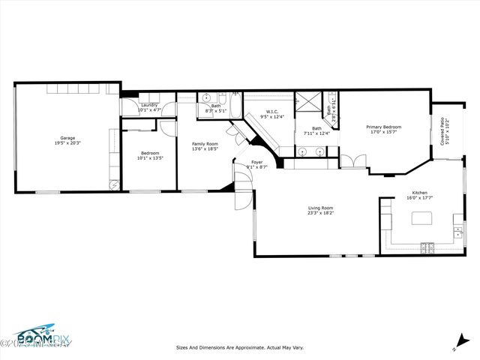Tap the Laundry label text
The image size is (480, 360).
(149, 105)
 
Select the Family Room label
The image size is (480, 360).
(205, 144)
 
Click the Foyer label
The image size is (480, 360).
(256, 162)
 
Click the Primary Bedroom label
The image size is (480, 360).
(383, 127)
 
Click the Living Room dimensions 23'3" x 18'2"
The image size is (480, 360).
(320, 213)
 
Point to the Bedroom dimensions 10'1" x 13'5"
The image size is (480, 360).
(149, 158)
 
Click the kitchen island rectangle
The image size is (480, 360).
(423, 219)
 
